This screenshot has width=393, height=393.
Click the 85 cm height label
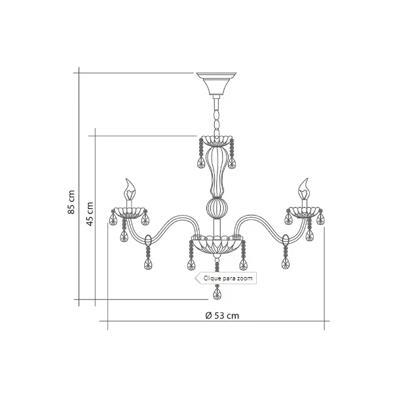(x=71, y=202)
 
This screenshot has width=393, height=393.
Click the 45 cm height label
(x=90, y=214)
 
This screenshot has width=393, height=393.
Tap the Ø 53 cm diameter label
(x=222, y=315)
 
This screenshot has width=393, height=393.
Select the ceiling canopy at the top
(x=216, y=83)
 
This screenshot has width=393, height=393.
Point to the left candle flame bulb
(x=129, y=189)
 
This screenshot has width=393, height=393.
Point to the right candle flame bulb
(x=304, y=189)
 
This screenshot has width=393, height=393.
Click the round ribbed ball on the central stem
(x=217, y=208)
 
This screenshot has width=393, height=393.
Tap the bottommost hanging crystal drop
(x=217, y=291)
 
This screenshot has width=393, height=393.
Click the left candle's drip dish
(x=129, y=212)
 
